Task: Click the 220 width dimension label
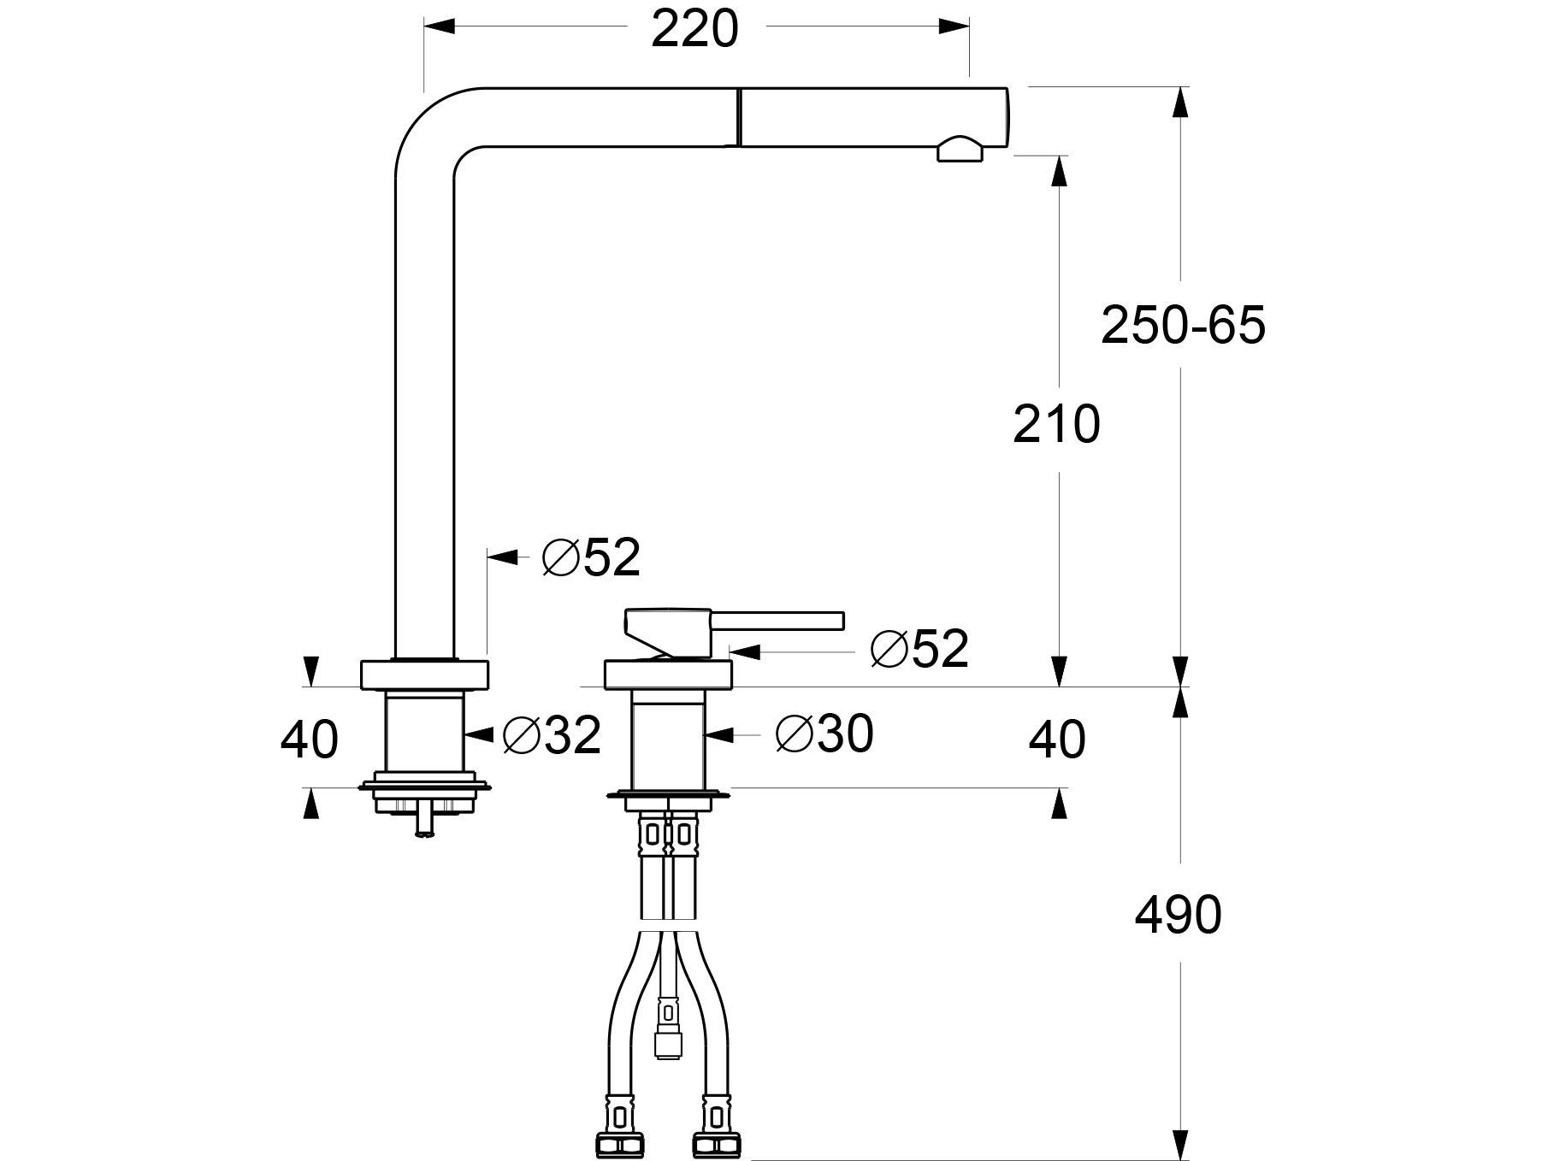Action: point(694,31)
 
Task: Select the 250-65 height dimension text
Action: point(1183,326)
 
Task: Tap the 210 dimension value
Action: point(1056,424)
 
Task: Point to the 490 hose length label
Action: point(1178,916)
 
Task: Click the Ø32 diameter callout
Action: point(552,735)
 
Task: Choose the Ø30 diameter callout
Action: point(824,734)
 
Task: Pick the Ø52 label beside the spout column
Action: point(591,557)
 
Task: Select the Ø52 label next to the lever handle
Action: point(919,649)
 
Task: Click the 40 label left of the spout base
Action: point(309,740)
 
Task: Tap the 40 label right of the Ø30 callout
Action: point(1057,740)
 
